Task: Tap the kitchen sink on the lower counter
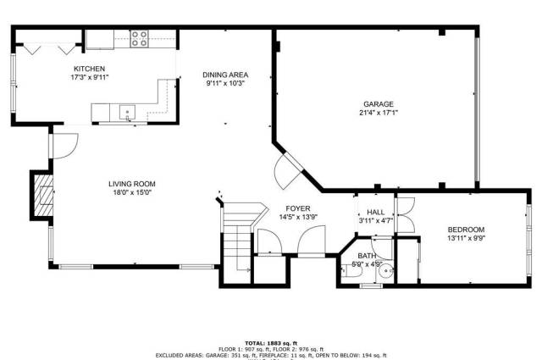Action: tap(128, 110)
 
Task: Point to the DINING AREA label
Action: tap(224, 75)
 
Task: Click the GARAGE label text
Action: tap(378, 104)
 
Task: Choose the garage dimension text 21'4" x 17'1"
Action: tap(378, 113)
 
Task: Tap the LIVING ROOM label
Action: tap(131, 184)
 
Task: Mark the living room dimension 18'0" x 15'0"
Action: tap(131, 192)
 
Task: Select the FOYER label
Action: tap(296, 208)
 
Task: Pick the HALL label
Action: tap(375, 213)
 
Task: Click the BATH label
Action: tap(366, 256)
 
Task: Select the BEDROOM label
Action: tap(466, 230)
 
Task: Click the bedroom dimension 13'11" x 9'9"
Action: tap(466, 238)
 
